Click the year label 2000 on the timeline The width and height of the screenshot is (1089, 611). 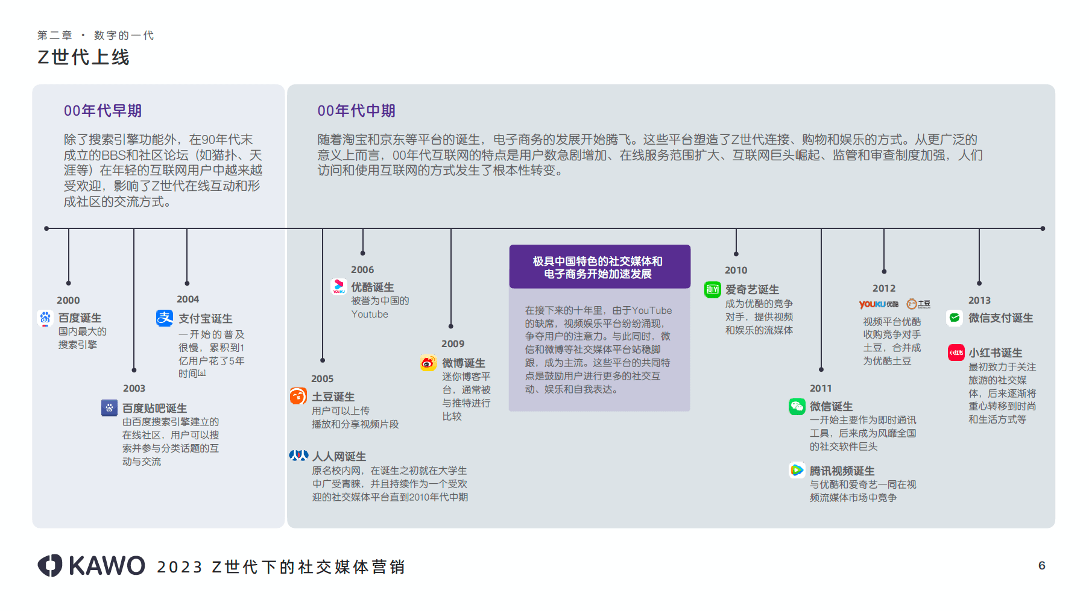68,300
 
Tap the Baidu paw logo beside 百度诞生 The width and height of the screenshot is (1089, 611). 45,318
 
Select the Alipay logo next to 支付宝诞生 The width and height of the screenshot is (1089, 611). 165,318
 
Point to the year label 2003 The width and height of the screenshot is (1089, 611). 134,388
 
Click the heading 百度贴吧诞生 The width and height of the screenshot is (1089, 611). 154,408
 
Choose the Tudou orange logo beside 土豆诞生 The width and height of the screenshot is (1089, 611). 298,396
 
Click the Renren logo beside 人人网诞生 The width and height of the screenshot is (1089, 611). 298,456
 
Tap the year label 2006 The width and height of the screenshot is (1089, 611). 362,269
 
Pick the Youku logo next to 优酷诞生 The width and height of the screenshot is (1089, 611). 339,286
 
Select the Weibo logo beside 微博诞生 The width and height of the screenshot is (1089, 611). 428,363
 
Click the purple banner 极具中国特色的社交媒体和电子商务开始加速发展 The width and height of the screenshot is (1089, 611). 599,267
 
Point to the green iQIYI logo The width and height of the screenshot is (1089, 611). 713,290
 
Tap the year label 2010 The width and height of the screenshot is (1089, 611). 736,270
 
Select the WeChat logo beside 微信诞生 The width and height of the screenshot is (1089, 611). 797,406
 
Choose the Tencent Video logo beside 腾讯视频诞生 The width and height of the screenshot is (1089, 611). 797,470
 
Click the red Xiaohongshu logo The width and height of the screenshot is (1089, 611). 956,352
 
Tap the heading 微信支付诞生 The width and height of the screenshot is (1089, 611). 1000,318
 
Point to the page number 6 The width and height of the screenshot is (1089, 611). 1041,565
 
